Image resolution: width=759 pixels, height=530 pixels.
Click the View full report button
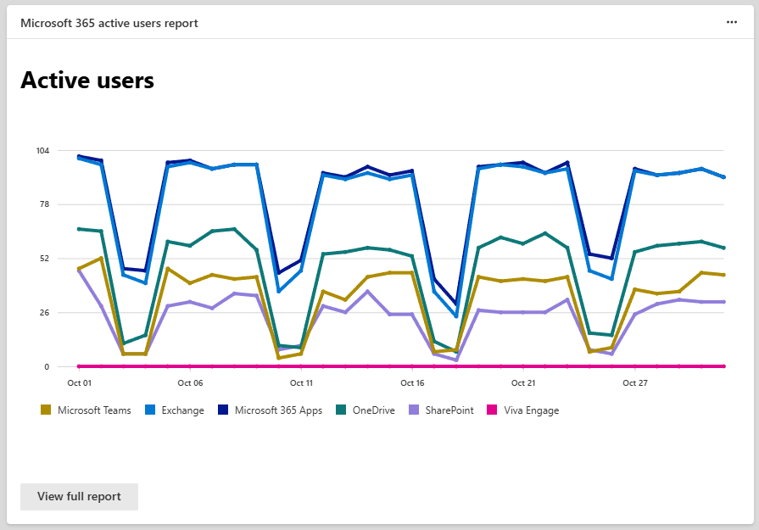pyautogui.click(x=79, y=496)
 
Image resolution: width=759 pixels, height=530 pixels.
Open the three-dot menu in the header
pyautogui.click(x=732, y=23)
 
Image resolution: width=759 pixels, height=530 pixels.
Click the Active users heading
pyautogui.click(x=87, y=81)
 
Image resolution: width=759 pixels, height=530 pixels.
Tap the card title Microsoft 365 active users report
pyautogui.click(x=109, y=23)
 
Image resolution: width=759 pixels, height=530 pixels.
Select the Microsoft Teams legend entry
pyautogui.click(x=87, y=410)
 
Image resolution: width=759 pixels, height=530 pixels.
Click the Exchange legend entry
pyautogui.click(x=176, y=410)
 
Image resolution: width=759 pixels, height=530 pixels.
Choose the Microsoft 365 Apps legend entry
pyautogui.click(x=271, y=410)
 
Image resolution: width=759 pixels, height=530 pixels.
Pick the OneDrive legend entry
pyautogui.click(x=366, y=410)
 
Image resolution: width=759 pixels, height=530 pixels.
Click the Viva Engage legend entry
pyautogui.click(x=522, y=410)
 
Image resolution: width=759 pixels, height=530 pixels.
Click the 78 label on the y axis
pyautogui.click(x=45, y=204)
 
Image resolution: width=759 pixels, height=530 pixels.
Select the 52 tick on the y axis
pyautogui.click(x=45, y=259)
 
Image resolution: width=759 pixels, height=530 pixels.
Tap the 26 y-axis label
pyautogui.click(x=45, y=313)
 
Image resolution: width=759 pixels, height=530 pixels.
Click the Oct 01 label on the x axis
pyautogui.click(x=80, y=383)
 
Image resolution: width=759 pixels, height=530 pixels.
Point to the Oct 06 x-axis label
pyautogui.click(x=190, y=383)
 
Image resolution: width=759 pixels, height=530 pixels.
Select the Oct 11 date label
pyautogui.click(x=301, y=383)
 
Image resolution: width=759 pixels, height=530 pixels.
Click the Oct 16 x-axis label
pyautogui.click(x=412, y=383)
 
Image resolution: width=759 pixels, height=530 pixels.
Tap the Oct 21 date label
pyautogui.click(x=523, y=383)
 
